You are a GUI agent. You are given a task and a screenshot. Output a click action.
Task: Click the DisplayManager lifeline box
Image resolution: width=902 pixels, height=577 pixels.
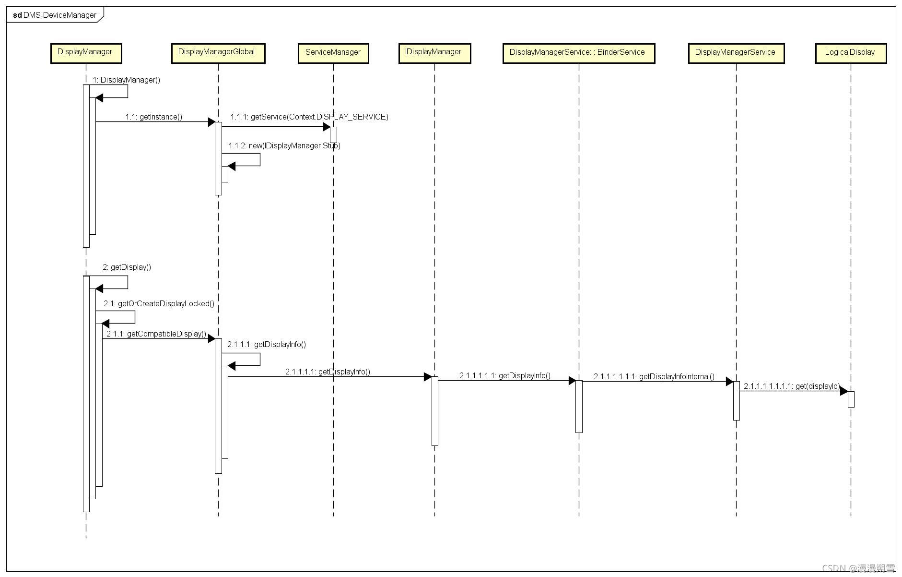(86, 53)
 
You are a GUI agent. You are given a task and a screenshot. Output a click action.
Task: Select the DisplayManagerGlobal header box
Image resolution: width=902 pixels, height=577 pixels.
(218, 53)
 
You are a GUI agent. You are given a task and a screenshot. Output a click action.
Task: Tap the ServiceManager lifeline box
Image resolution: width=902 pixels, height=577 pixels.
(333, 53)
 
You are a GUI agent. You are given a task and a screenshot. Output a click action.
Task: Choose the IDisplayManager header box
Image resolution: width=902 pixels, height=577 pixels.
(434, 53)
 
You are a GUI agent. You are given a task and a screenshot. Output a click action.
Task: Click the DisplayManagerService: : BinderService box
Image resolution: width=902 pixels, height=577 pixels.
(578, 53)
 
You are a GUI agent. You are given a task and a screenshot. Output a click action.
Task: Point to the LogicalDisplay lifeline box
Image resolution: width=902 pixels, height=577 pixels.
(850, 53)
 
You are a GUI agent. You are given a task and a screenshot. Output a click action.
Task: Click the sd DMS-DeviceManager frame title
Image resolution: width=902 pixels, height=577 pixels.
(55, 15)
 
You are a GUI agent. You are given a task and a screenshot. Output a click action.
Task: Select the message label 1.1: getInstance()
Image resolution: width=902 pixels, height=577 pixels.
(153, 117)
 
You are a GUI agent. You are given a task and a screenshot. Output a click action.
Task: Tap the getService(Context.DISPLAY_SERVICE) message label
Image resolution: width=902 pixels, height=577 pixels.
(309, 117)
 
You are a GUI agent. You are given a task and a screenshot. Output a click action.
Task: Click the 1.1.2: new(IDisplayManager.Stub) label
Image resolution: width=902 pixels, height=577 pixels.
(284, 145)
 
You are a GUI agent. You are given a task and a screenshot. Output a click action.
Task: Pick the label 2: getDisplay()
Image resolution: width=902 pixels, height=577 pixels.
(127, 267)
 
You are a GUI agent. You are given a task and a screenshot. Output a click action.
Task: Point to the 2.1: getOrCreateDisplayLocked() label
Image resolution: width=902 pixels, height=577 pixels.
(159, 303)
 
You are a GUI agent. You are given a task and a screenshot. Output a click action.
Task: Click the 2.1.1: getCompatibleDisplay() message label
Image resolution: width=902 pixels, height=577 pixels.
(156, 334)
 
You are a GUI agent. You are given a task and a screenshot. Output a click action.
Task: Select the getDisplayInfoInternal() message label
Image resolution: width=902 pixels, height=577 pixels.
(654, 376)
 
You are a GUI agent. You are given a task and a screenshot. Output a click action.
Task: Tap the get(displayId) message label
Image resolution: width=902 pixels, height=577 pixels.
(792, 386)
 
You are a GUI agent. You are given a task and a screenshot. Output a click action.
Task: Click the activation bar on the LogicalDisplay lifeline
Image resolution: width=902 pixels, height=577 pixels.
(851, 399)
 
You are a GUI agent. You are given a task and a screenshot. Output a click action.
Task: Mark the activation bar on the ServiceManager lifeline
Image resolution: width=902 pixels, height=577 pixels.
(333, 134)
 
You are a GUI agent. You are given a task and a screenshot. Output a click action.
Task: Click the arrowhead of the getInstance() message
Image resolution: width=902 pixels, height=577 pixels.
(211, 122)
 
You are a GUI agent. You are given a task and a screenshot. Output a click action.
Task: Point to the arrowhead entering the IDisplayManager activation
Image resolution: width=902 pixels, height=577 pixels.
(428, 377)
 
